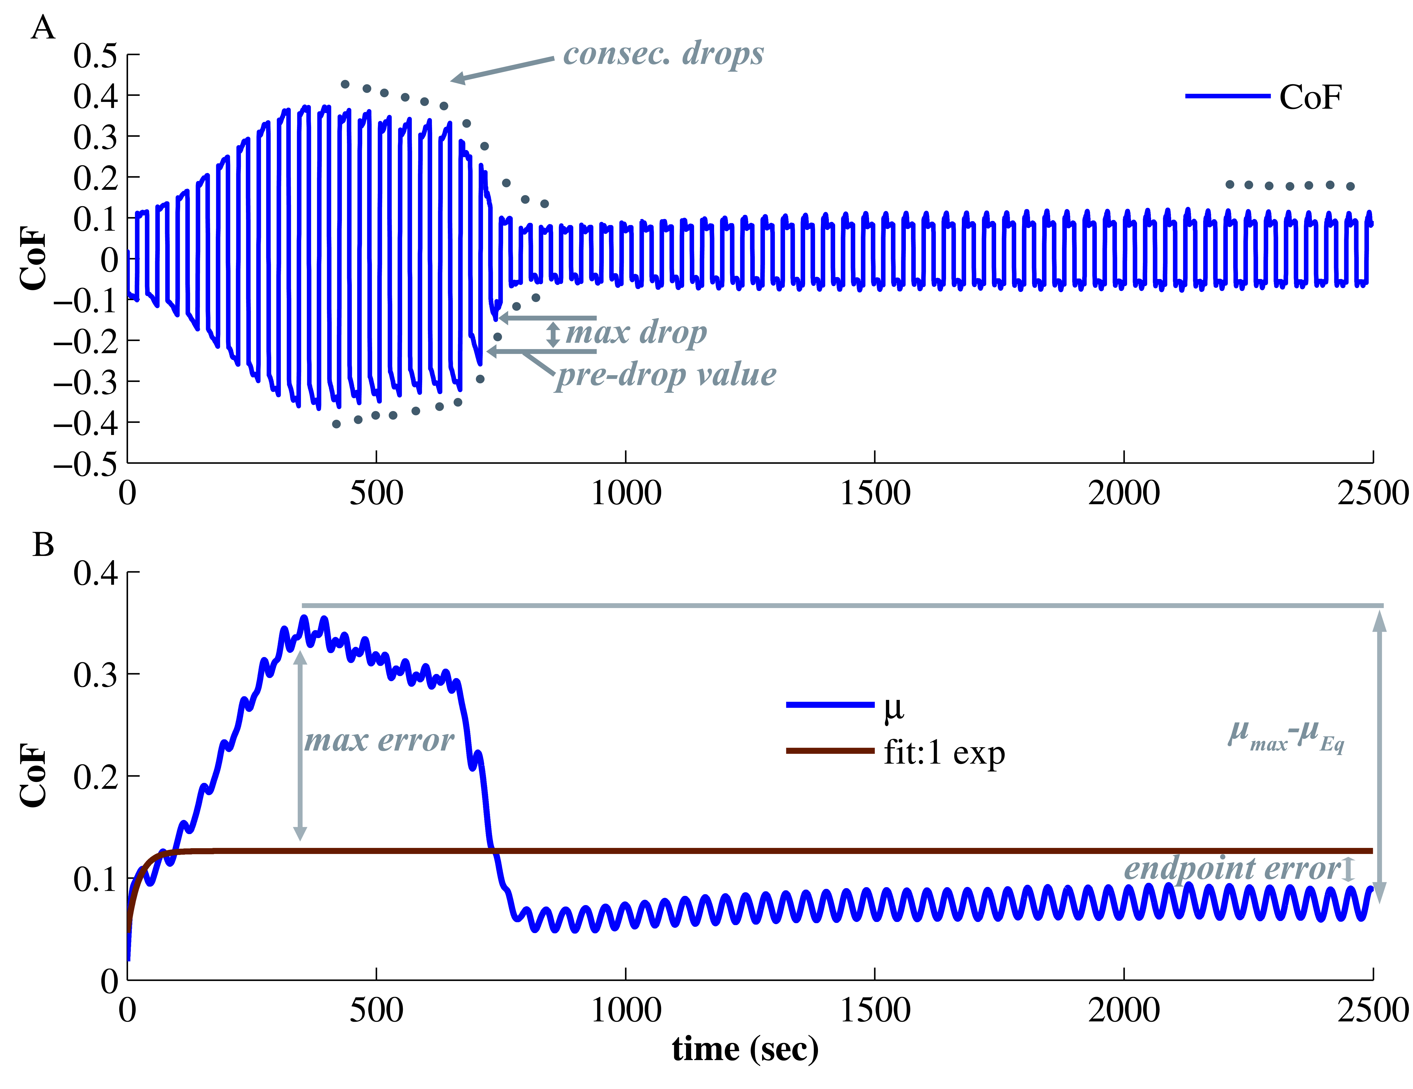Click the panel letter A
coord(43,29)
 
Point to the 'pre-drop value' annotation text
coord(666,375)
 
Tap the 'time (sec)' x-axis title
coord(745,1049)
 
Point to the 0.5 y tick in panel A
coord(95,56)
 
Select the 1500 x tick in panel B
coord(875,1010)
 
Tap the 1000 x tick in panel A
coord(626,493)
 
